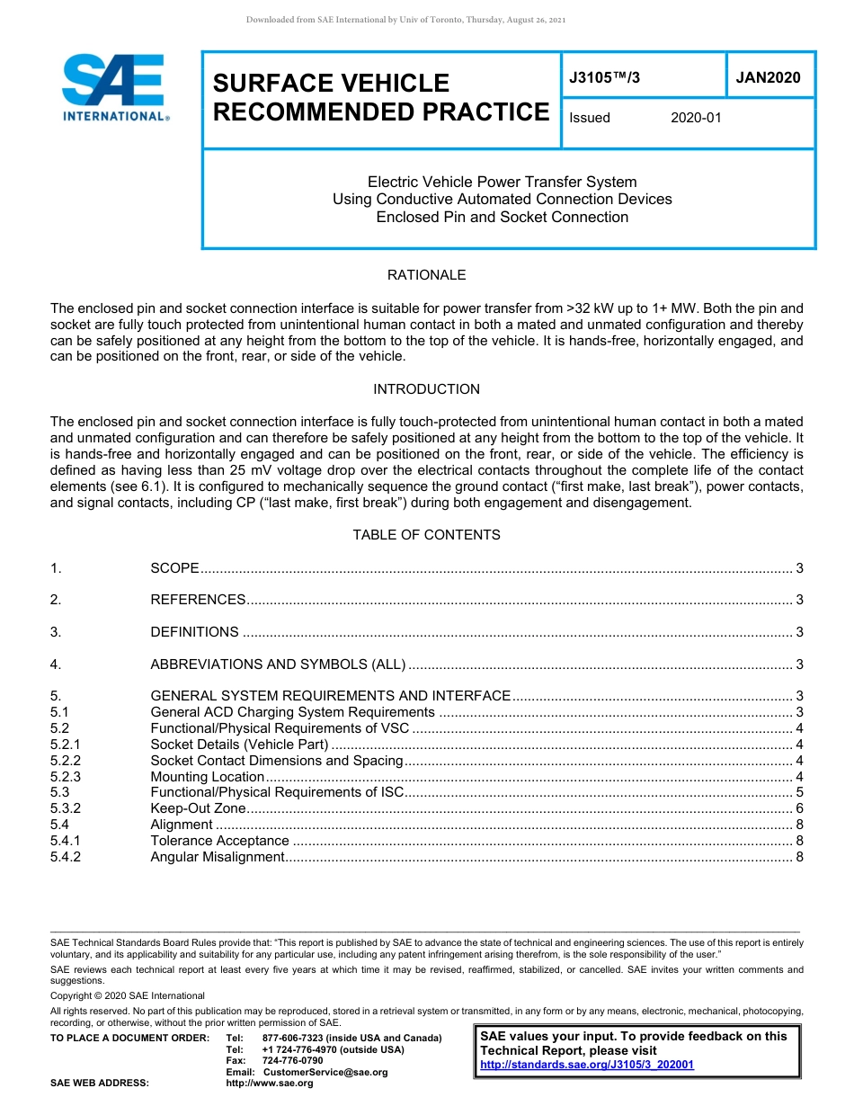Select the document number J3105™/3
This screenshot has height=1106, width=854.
coord(605,78)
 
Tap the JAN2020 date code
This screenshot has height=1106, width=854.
coord(768,78)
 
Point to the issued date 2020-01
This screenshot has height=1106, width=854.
coord(696,118)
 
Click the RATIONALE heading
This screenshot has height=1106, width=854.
coord(426,275)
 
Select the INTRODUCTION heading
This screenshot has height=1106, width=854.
coord(426,389)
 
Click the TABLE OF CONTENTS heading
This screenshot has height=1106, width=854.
coord(426,535)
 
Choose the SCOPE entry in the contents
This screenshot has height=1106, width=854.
coord(174,568)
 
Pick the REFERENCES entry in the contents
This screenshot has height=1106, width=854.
coord(198,600)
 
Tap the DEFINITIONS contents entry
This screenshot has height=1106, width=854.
coord(194,632)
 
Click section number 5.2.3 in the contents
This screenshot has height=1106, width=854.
coord(66,777)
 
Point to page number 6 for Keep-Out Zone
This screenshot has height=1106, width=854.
coord(799,809)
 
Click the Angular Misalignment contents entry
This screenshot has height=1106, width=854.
coord(217,857)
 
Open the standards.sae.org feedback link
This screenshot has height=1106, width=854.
coord(587,1065)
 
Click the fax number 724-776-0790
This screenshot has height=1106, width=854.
coord(292,1061)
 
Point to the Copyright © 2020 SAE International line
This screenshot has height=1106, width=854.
coord(128,995)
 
